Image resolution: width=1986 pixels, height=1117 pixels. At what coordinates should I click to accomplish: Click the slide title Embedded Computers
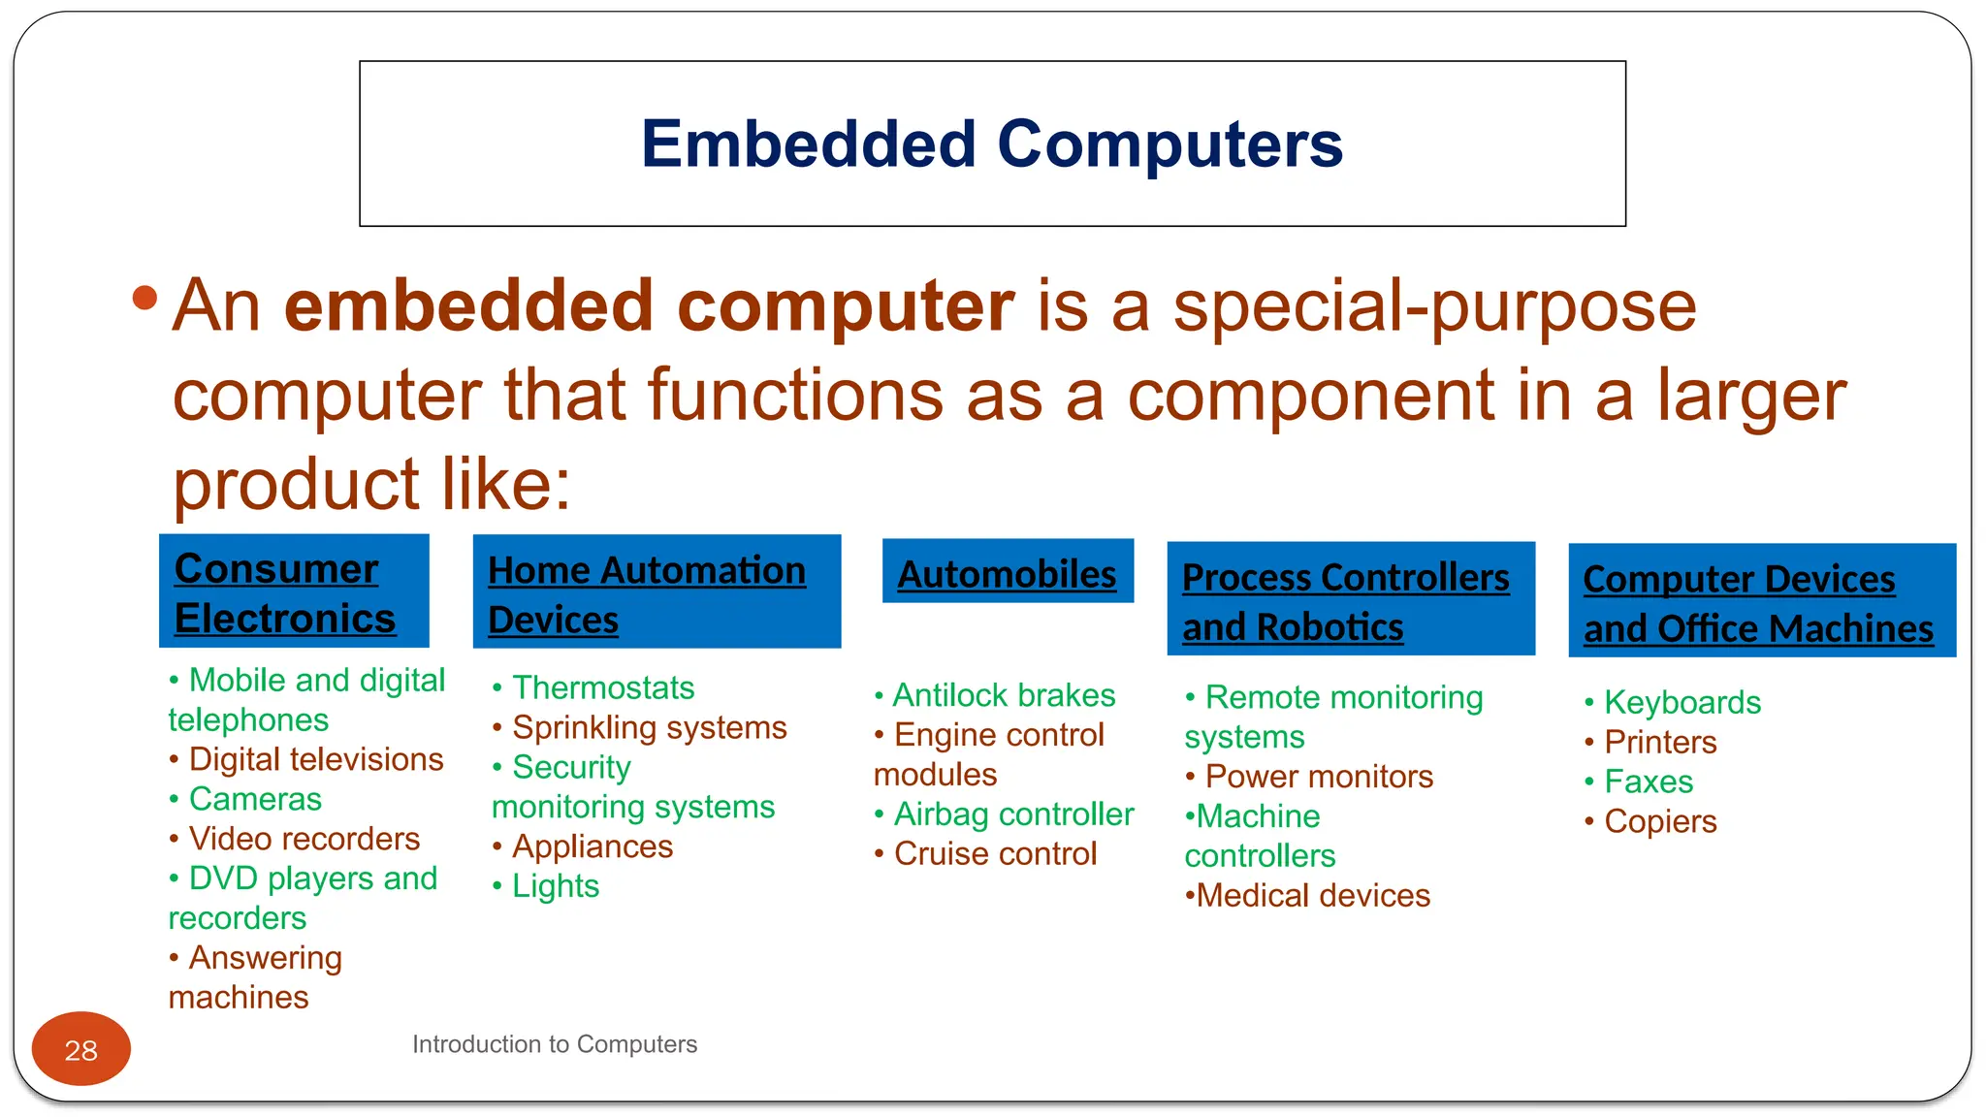[x=992, y=144]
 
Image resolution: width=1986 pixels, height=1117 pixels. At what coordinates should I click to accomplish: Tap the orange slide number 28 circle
[x=80, y=1049]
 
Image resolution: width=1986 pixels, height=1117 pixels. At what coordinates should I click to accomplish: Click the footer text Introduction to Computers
[x=554, y=1044]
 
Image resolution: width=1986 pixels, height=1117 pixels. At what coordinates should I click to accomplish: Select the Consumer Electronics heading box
[x=294, y=591]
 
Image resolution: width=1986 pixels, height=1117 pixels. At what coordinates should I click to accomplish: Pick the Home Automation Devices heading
[x=657, y=592]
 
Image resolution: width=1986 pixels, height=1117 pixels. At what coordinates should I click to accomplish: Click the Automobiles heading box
[x=1008, y=573]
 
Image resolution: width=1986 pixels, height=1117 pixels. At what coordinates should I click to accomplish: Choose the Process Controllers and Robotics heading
[x=1350, y=600]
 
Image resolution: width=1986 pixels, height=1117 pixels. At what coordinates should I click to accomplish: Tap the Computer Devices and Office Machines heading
[x=1761, y=602]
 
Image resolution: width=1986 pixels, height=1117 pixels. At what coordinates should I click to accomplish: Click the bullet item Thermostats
[x=602, y=687]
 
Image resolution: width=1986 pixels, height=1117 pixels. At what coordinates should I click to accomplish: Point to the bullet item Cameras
[x=255, y=799]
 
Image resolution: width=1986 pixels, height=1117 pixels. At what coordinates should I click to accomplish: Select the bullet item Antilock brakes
[x=1004, y=695]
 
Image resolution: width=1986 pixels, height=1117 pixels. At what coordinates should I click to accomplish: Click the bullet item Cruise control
[x=995, y=853]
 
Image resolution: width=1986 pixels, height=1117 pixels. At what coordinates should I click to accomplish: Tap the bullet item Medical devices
[x=1313, y=895]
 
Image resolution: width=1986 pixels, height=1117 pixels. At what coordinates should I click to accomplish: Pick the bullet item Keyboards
[x=1682, y=702]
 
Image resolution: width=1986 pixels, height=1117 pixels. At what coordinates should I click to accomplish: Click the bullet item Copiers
[x=1660, y=821]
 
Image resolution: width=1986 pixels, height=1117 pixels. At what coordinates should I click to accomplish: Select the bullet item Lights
[x=555, y=886]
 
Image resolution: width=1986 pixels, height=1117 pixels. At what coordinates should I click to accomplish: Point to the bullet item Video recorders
[x=304, y=839]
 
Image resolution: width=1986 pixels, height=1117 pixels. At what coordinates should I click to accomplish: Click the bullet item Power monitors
[x=1318, y=777]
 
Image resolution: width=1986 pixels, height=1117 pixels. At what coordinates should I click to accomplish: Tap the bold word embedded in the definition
[x=468, y=306]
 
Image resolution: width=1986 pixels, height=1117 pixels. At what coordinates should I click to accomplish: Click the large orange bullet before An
[x=144, y=298]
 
